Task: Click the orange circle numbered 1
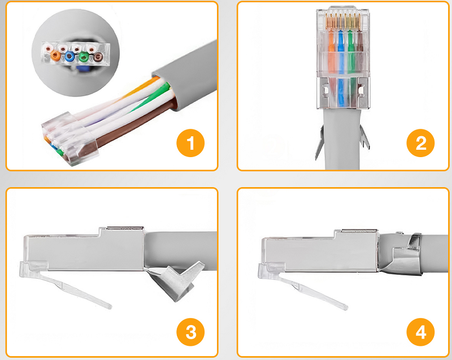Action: tap(190, 143)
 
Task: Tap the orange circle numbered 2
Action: tap(420, 143)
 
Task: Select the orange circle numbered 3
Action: tap(190, 332)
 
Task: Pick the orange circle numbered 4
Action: tap(420, 332)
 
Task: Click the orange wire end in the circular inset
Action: tap(55, 55)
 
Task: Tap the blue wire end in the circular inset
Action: tap(69, 57)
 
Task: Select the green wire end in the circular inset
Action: tap(84, 57)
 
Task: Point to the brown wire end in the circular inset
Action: tap(98, 56)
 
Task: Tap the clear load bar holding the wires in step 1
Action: tap(69, 138)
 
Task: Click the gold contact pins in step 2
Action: tap(343, 21)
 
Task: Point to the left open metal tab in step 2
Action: tap(320, 142)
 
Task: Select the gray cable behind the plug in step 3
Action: tap(181, 250)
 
